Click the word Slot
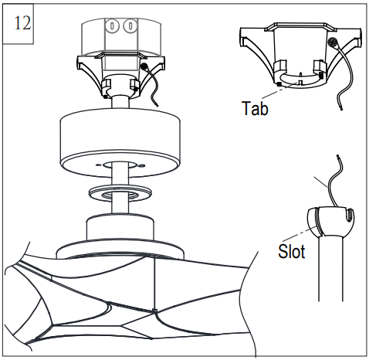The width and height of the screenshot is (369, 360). (x=290, y=252)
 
